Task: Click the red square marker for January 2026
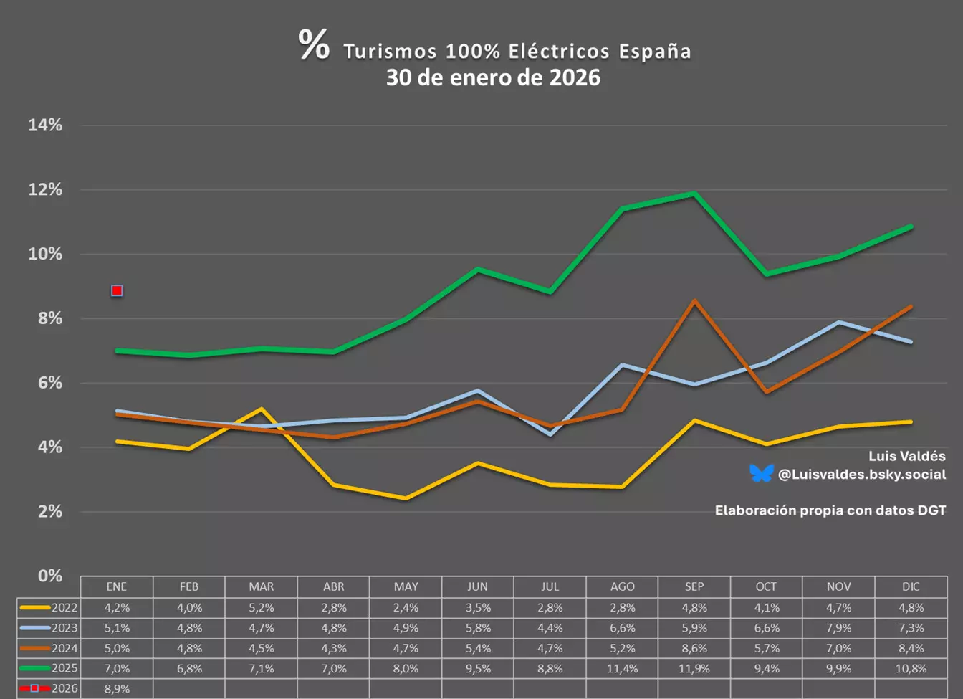[117, 291]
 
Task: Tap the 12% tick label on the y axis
[45, 190]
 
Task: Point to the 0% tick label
[50, 576]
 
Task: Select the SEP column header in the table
[694, 586]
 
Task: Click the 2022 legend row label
[64, 608]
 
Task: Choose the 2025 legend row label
[64, 668]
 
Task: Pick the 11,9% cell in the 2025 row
[694, 669]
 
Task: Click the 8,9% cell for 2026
[117, 689]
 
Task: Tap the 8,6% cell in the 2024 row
[694, 648]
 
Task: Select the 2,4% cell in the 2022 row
[406, 608]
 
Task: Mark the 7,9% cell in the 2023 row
[839, 628]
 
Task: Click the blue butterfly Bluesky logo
[762, 474]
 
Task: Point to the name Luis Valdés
[907, 456]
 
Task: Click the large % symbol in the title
[314, 44]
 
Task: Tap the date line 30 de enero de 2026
[493, 78]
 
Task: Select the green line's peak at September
[694, 194]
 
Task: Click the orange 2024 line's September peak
[694, 300]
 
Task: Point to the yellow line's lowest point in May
[406, 498]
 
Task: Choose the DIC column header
[911, 586]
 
